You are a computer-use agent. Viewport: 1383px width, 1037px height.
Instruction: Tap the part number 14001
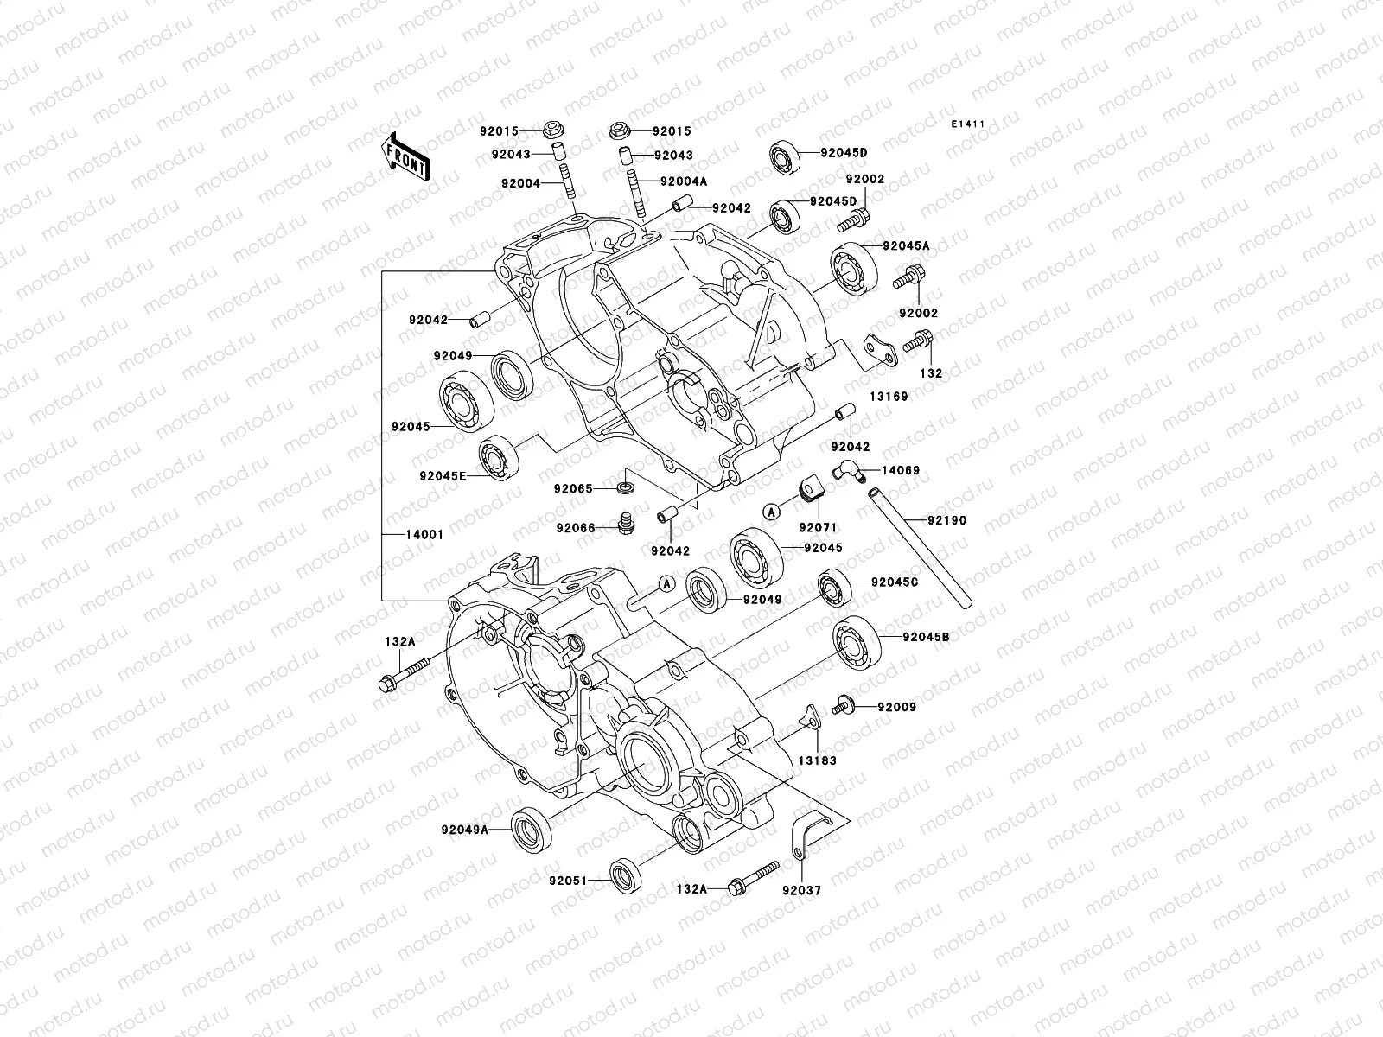pyautogui.click(x=424, y=535)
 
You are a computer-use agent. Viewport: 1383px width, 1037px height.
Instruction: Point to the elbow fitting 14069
pyautogui.click(x=845, y=472)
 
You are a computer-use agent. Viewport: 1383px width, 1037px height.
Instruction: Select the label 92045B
pyautogui.click(x=926, y=638)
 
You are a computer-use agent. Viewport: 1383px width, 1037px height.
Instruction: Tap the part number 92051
pyautogui.click(x=568, y=881)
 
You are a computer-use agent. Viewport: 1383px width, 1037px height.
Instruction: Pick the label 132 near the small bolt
pyautogui.click(x=931, y=374)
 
